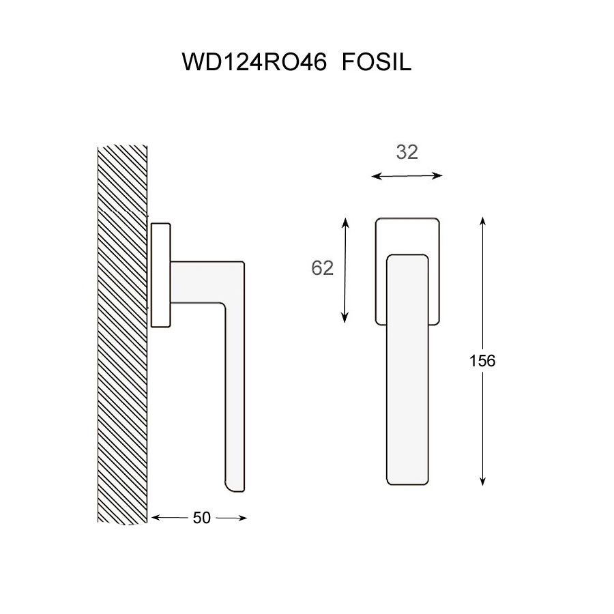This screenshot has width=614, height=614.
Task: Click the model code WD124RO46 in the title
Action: click(254, 61)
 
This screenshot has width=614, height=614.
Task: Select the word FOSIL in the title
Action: click(377, 61)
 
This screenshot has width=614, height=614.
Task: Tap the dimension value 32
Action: click(407, 152)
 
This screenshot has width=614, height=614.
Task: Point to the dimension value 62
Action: click(322, 268)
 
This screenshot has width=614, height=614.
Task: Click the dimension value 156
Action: click(482, 361)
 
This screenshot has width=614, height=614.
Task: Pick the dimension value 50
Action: click(202, 518)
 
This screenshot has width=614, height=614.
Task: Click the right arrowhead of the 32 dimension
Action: click(438, 176)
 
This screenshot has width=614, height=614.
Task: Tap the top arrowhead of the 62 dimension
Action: click(345, 222)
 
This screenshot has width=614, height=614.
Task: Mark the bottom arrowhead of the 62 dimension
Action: click(345, 318)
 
